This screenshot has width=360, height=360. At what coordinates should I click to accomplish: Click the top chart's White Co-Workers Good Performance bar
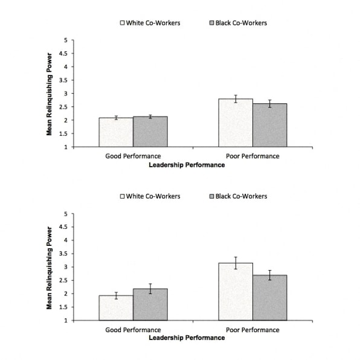coord(116,132)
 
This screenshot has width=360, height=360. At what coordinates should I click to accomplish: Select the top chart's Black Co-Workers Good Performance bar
coord(150,132)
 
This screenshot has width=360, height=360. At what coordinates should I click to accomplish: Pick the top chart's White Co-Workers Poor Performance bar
coord(236,123)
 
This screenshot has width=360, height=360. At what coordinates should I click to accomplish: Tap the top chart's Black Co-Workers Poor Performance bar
coord(270,126)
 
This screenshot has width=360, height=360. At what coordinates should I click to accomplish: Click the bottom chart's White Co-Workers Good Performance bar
coord(116,308)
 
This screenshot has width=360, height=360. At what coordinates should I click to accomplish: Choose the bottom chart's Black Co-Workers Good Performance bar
coord(150,304)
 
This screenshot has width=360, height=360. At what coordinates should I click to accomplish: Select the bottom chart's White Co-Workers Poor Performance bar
coord(236,292)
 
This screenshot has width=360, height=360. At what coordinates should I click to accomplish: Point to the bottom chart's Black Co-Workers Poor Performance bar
coord(270,298)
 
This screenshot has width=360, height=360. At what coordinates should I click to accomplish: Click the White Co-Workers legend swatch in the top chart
coord(123,23)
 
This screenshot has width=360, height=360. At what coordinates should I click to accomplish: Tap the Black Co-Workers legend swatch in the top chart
coord(211,23)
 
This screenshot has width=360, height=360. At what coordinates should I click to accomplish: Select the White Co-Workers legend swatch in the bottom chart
coord(123,196)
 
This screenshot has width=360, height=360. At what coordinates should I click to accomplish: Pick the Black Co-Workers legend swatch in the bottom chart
coord(211,196)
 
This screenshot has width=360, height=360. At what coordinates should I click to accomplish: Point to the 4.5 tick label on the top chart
coord(63,54)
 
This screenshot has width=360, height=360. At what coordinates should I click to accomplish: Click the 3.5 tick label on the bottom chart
coord(63,254)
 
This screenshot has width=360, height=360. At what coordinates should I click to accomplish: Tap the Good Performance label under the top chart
coord(133,156)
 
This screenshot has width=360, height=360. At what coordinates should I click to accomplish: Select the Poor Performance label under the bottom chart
coord(252,330)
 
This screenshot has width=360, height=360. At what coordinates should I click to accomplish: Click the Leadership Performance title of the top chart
coord(187,165)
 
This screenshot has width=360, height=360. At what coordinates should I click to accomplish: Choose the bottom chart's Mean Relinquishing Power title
coord(49,268)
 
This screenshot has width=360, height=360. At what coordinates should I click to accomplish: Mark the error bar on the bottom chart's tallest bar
coord(236,263)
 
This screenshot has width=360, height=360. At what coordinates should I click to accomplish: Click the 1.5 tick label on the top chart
coord(63,133)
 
